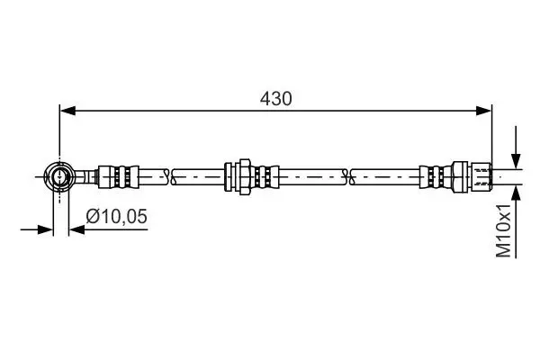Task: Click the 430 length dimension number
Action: coord(275,99)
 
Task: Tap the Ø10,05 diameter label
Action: coord(116,216)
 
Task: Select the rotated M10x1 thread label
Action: coord(503,230)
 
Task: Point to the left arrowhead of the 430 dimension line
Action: coord(67,111)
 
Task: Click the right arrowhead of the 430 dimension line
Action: coord(483,111)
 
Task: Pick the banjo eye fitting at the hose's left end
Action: coord(60,176)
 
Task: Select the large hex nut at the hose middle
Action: coord(244,177)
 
